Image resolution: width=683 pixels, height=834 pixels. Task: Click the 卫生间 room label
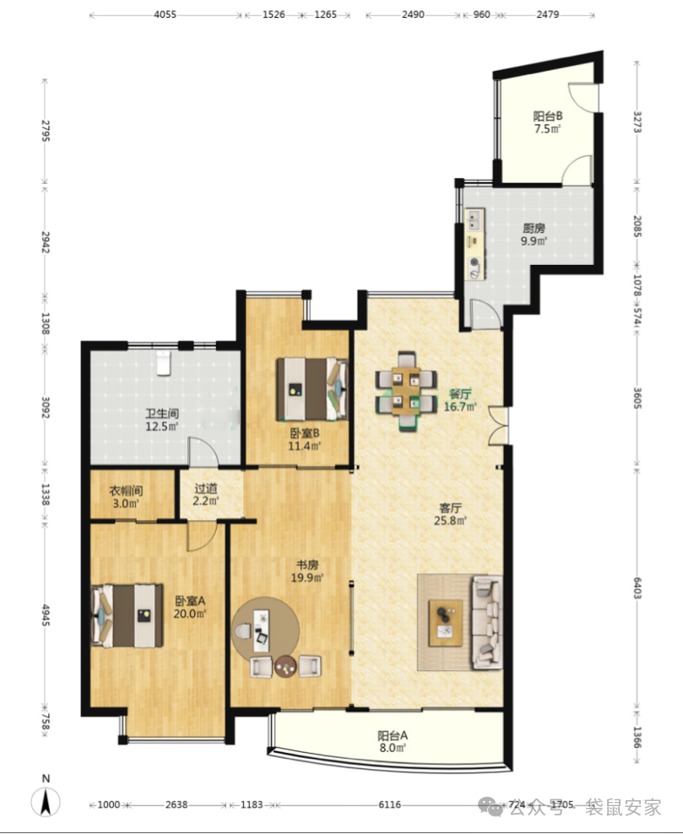pos(162,414)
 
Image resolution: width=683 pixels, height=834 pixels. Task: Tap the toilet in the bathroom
pos(163,363)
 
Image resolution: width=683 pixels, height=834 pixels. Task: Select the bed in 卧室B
pos(312,389)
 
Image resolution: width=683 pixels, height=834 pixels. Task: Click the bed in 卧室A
pos(127,616)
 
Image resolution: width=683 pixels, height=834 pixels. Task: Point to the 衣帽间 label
pos(126,490)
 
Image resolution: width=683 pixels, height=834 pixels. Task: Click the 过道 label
pos(206,488)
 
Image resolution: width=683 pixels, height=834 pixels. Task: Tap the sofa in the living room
pos(487,622)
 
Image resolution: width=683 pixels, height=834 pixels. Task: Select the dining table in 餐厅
pos(406,391)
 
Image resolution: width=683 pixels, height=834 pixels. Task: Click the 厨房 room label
pos(534,228)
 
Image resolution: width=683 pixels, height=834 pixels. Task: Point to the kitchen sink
pos(474,220)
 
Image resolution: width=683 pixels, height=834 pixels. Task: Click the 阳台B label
pos(548,116)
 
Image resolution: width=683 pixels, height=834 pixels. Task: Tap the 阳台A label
pos(393,735)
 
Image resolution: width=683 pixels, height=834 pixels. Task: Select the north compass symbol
pos(46,801)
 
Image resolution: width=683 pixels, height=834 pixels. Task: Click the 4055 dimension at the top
pos(165,14)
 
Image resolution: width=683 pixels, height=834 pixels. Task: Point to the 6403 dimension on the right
pos(637,588)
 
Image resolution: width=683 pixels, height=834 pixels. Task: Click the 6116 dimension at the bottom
pos(390,804)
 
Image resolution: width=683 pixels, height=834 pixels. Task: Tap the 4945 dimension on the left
pos(46,615)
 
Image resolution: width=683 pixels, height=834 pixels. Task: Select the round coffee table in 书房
pos(285,666)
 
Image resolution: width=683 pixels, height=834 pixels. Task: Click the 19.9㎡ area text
pos(307,577)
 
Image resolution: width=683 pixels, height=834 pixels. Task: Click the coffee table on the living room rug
pos(446,623)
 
